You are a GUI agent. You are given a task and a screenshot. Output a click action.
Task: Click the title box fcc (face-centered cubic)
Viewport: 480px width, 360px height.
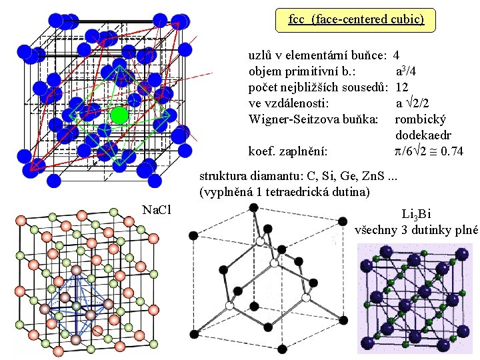pyautogui.click(x=356, y=19)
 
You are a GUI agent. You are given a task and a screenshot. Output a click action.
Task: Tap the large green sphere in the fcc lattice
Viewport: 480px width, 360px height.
pyautogui.click(x=119, y=115)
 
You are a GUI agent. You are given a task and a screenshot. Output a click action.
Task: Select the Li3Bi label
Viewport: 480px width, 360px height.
pyautogui.click(x=417, y=214)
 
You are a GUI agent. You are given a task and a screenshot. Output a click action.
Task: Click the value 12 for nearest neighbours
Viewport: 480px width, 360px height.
pyautogui.click(x=402, y=87)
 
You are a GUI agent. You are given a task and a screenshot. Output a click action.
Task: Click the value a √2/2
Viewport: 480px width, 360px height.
pyautogui.click(x=417, y=103)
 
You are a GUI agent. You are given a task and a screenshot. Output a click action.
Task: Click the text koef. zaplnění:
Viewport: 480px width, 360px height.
pyautogui.click(x=287, y=152)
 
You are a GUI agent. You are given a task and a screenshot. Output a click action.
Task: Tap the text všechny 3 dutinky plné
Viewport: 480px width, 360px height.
pyautogui.click(x=417, y=230)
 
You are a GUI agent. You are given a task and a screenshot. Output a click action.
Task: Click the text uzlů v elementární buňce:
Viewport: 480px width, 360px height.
pyautogui.click(x=319, y=55)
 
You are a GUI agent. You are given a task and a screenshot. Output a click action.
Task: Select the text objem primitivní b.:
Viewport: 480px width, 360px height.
pyautogui.click(x=302, y=71)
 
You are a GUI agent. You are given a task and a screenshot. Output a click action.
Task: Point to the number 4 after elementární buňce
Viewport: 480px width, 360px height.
pyautogui.click(x=397, y=55)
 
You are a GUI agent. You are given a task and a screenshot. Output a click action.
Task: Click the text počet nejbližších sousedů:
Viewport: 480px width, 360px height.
pyautogui.click(x=318, y=87)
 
